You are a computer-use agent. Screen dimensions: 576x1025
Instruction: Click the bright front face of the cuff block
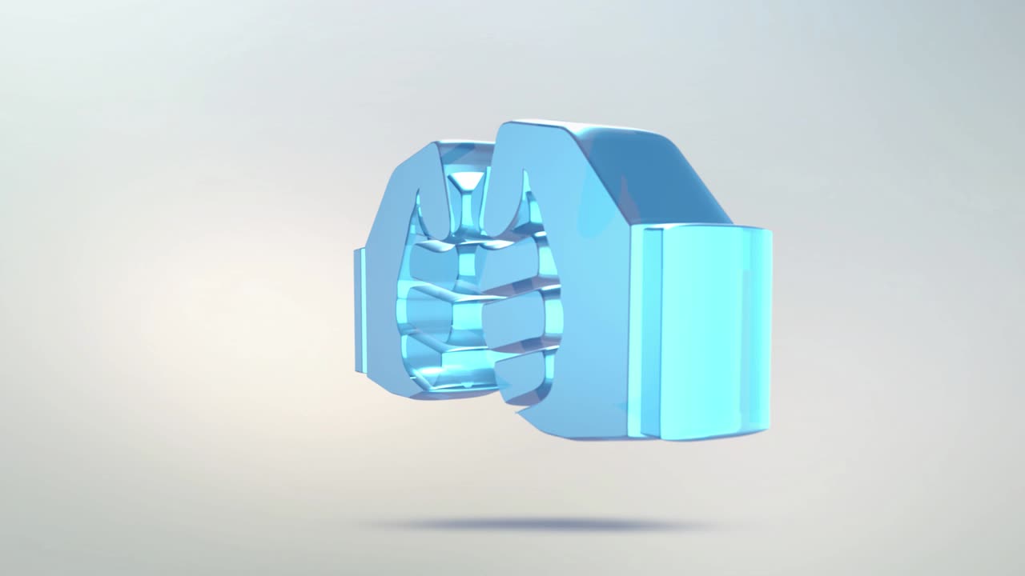point(705,332)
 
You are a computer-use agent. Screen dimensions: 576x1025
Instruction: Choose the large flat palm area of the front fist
point(593,320)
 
